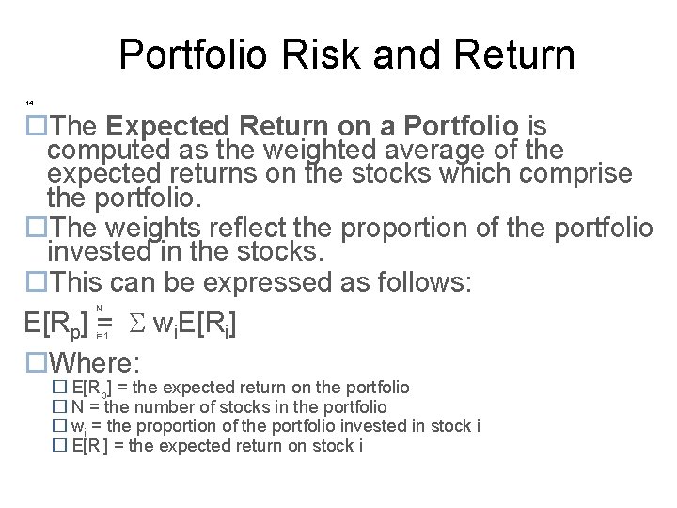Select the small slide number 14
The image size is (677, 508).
30,101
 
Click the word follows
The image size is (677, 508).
419,282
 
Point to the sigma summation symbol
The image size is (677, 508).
136,325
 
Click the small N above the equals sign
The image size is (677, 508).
100,308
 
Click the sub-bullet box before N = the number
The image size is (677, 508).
58,407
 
